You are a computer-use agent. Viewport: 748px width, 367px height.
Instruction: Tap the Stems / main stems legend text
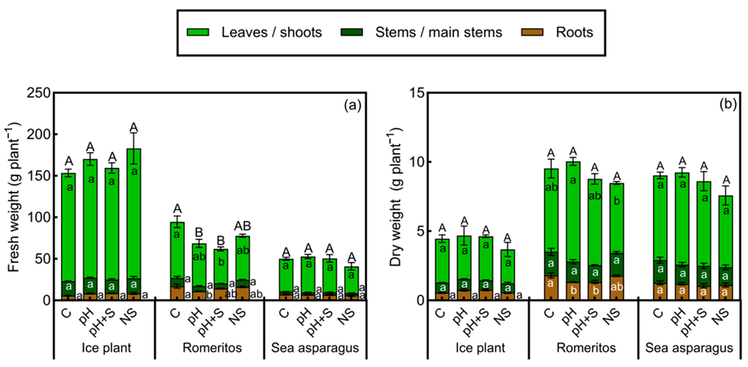click(x=438, y=32)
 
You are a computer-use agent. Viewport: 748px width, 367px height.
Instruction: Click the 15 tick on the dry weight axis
click(x=417, y=93)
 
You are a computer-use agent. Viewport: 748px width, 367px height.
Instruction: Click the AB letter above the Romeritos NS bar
click(x=242, y=226)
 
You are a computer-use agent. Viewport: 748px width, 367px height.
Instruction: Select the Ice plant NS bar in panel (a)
click(x=134, y=223)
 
